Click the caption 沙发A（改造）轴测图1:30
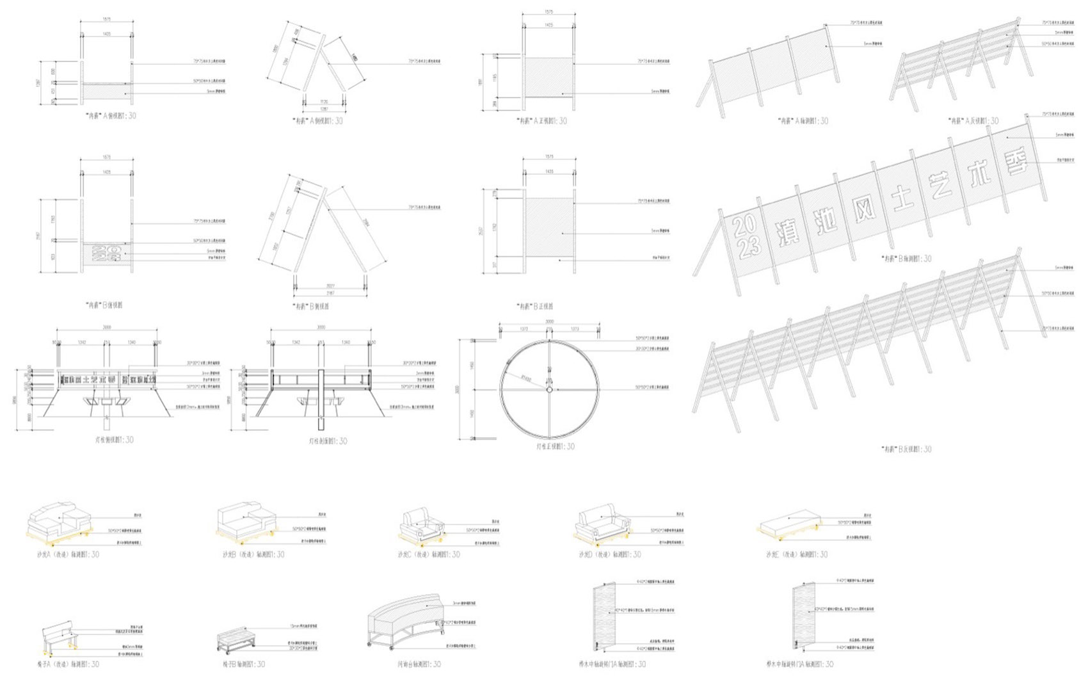tap(68, 554)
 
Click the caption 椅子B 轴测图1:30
tap(244, 664)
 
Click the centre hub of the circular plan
tap(549, 389)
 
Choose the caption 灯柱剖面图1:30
tap(328, 441)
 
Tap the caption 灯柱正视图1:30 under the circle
tap(555, 447)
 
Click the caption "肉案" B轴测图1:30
tap(906, 259)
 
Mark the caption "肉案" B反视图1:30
tap(906, 449)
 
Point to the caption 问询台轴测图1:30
tap(419, 664)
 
